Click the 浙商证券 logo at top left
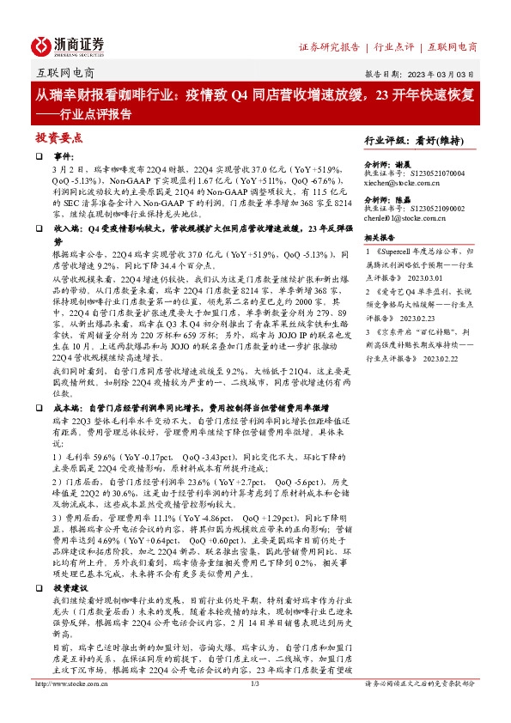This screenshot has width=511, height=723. tap(67, 45)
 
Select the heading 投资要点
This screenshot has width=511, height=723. tap(58, 137)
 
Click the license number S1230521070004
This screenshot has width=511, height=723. tap(424, 172)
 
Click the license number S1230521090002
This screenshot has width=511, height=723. tap(424, 208)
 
